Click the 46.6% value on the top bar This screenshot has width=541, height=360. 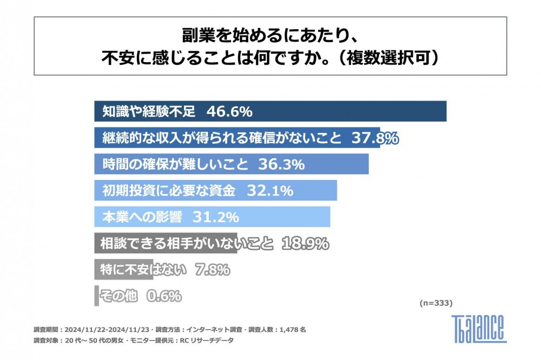(229, 112)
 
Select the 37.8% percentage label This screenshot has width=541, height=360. (375, 138)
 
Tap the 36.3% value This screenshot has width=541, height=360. (281, 164)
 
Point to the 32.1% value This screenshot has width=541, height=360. (270, 190)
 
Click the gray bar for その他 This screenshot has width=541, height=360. (96, 296)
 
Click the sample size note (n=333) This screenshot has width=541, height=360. (436, 303)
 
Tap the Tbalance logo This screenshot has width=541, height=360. (479, 328)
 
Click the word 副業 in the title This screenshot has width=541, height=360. (194, 36)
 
